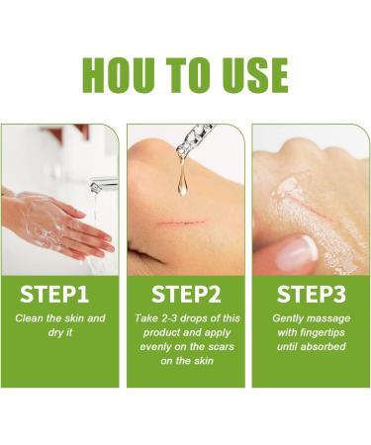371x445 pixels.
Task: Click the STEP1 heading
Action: [x=61, y=294]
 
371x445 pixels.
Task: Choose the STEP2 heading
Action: [x=185, y=294]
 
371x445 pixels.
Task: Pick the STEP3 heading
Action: [x=309, y=294]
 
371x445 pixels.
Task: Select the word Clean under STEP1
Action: [x=34, y=318]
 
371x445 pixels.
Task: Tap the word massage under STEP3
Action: [x=330, y=318]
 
